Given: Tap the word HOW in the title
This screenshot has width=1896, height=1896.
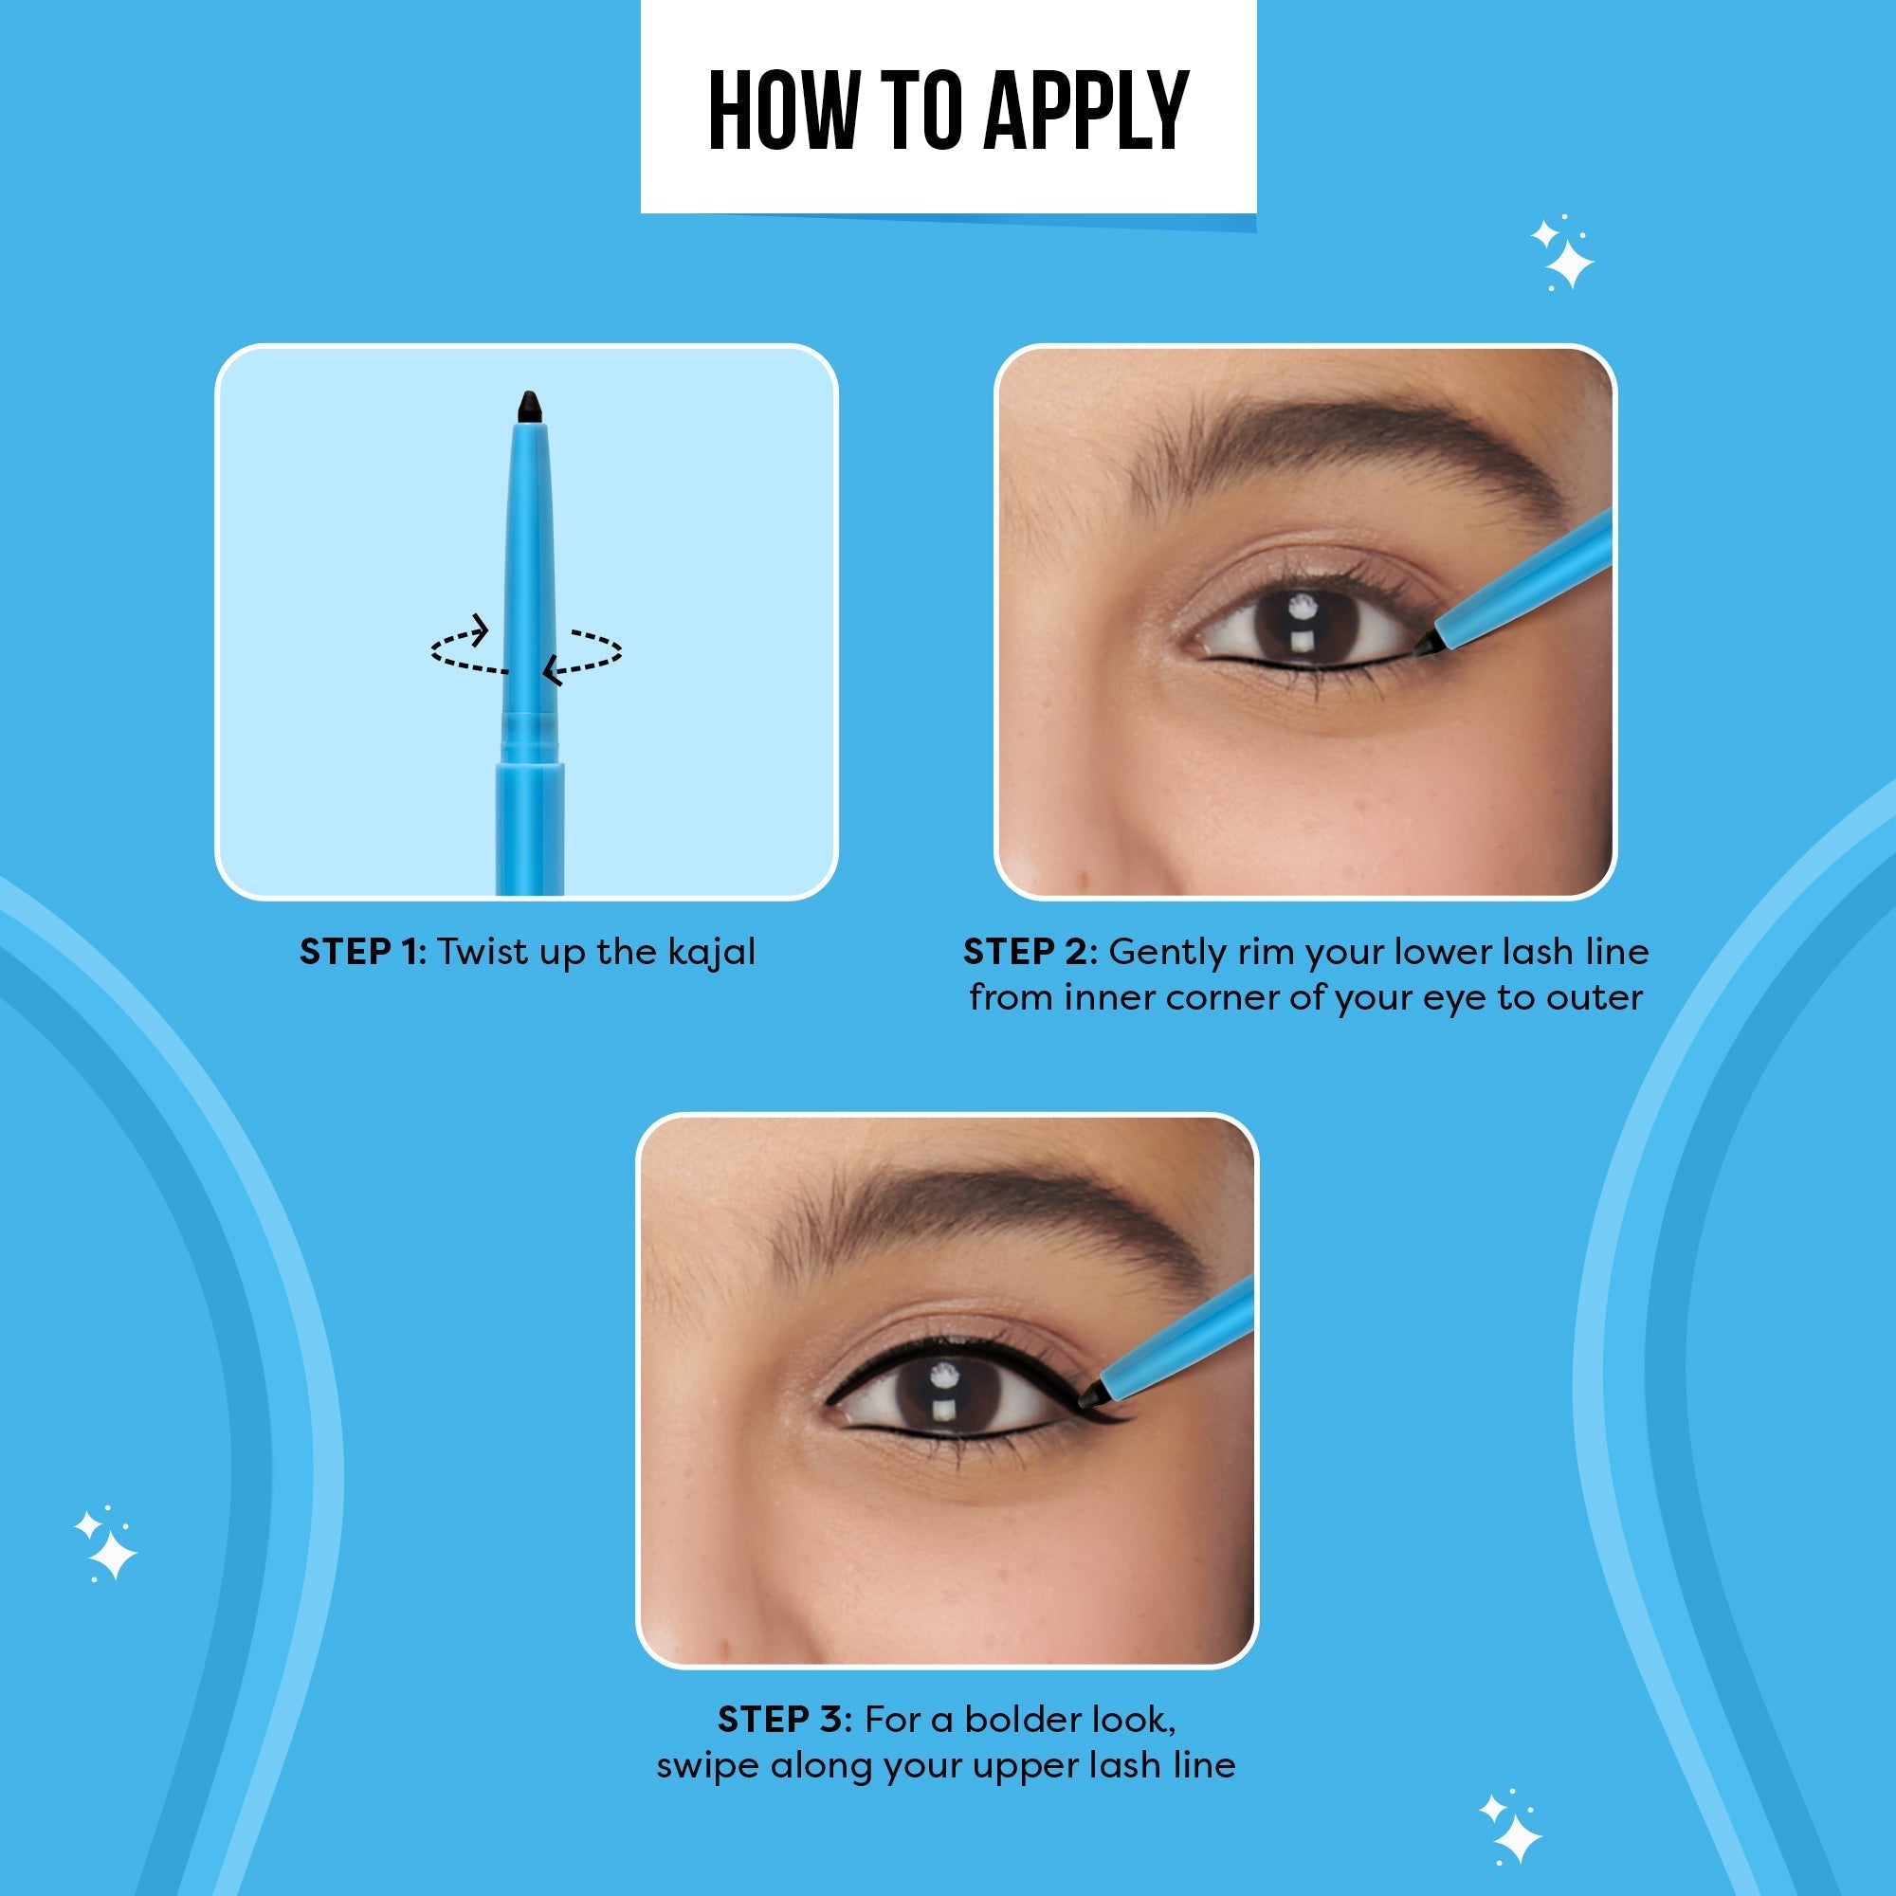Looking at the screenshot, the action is pos(783,111).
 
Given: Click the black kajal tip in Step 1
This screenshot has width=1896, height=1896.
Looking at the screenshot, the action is pos(530,408).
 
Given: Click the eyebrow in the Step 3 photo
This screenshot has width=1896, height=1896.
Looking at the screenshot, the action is pos(992,1217).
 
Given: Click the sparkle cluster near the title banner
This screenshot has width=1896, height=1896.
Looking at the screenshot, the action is pos(1562,253).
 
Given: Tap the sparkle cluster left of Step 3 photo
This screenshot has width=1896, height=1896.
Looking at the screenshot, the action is pos(106,1543).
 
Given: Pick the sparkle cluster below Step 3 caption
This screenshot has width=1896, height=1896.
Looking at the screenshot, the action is pos(1511,1828).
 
